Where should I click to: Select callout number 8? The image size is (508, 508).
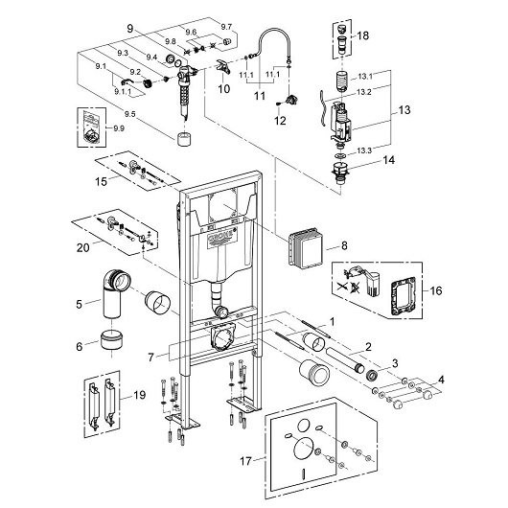pos(344,246)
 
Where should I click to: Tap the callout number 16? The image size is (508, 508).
pos(436,290)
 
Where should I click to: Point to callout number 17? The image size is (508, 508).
pos(245,461)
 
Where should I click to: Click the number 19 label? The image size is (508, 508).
pos(140,395)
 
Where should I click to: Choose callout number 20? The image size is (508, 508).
pos(83,248)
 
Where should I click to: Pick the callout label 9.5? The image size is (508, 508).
pos(130,114)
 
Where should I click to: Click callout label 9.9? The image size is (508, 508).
pos(119,128)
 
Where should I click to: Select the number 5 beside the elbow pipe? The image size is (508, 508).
pos(80,304)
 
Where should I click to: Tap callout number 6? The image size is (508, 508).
pos(80,347)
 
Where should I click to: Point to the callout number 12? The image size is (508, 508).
pos(280,121)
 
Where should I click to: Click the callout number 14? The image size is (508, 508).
pos(389,160)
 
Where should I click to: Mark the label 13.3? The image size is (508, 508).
pos(364,150)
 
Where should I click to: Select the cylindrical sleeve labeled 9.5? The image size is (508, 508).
pos(184,140)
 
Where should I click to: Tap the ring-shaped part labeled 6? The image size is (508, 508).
pos(111,339)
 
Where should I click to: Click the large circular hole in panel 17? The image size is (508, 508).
pos(303,449)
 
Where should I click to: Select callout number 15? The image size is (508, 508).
pos(101,181)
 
